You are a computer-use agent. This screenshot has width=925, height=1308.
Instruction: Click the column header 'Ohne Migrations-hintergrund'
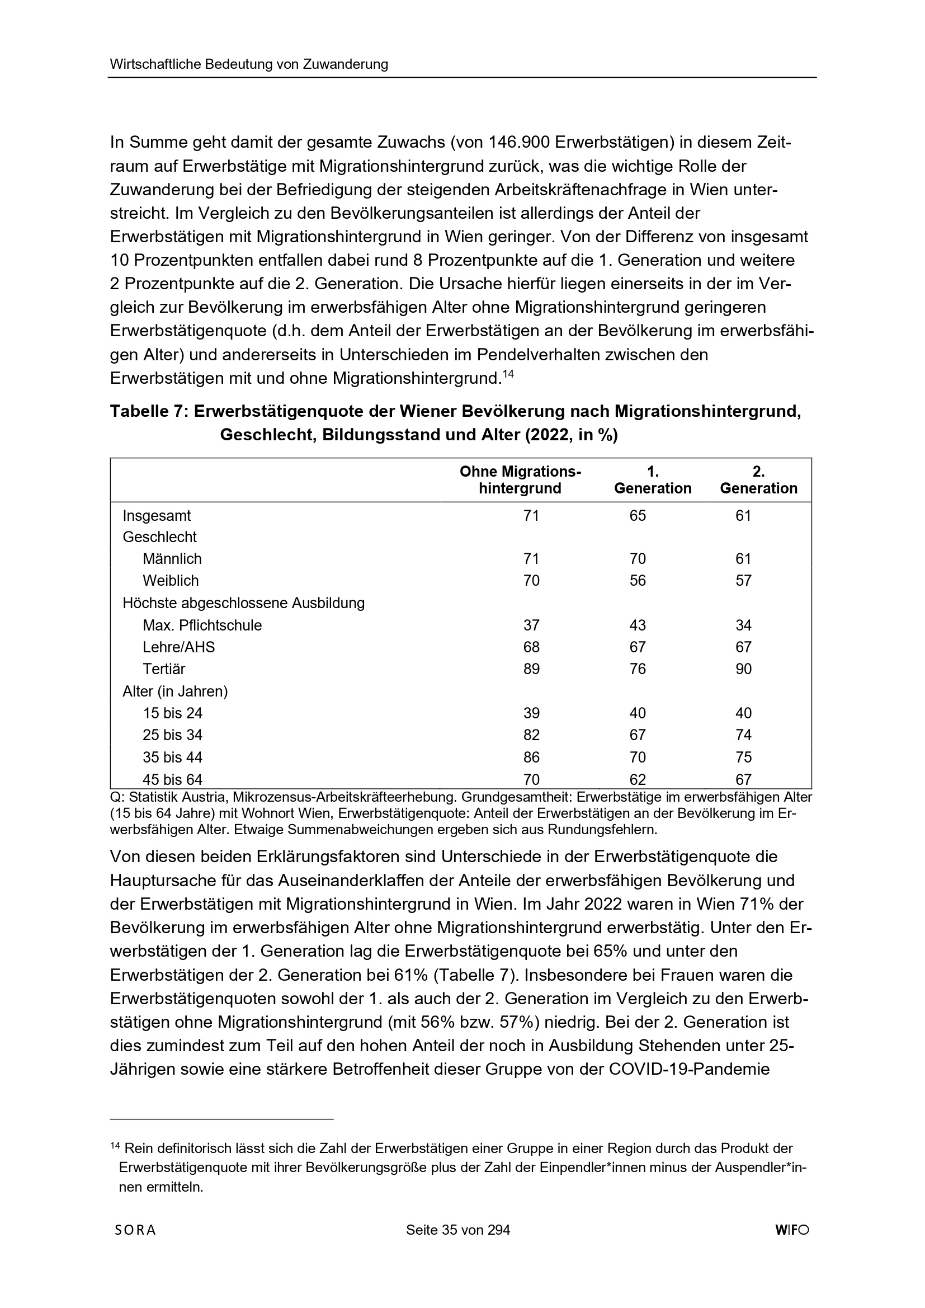click(x=520, y=479)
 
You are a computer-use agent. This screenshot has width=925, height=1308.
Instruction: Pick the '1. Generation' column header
click(x=653, y=479)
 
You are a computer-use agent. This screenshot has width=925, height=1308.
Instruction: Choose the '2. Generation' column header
click(x=758, y=479)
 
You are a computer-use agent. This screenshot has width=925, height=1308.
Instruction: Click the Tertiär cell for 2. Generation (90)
click(x=743, y=669)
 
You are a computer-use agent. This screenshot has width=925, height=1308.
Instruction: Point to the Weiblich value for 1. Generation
click(x=638, y=581)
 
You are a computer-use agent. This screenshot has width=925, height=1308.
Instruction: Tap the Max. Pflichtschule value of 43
click(x=638, y=625)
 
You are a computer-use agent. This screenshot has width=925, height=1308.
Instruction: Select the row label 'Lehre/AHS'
click(x=179, y=647)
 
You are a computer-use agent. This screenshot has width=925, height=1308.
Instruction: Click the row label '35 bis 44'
click(x=173, y=757)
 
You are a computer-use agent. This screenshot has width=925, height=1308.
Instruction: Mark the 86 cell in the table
click(x=531, y=757)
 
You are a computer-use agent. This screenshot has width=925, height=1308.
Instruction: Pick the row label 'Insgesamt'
click(x=157, y=516)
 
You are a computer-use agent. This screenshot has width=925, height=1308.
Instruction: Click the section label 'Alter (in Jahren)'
click(x=176, y=691)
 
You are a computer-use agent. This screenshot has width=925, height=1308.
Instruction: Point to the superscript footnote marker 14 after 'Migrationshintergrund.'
click(x=508, y=374)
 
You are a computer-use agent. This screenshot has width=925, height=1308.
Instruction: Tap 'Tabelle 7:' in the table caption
click(x=149, y=411)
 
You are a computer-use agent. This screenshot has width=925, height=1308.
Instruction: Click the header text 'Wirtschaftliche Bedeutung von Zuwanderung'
click(x=249, y=64)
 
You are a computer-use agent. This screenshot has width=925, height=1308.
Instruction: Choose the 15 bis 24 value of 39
click(x=531, y=713)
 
